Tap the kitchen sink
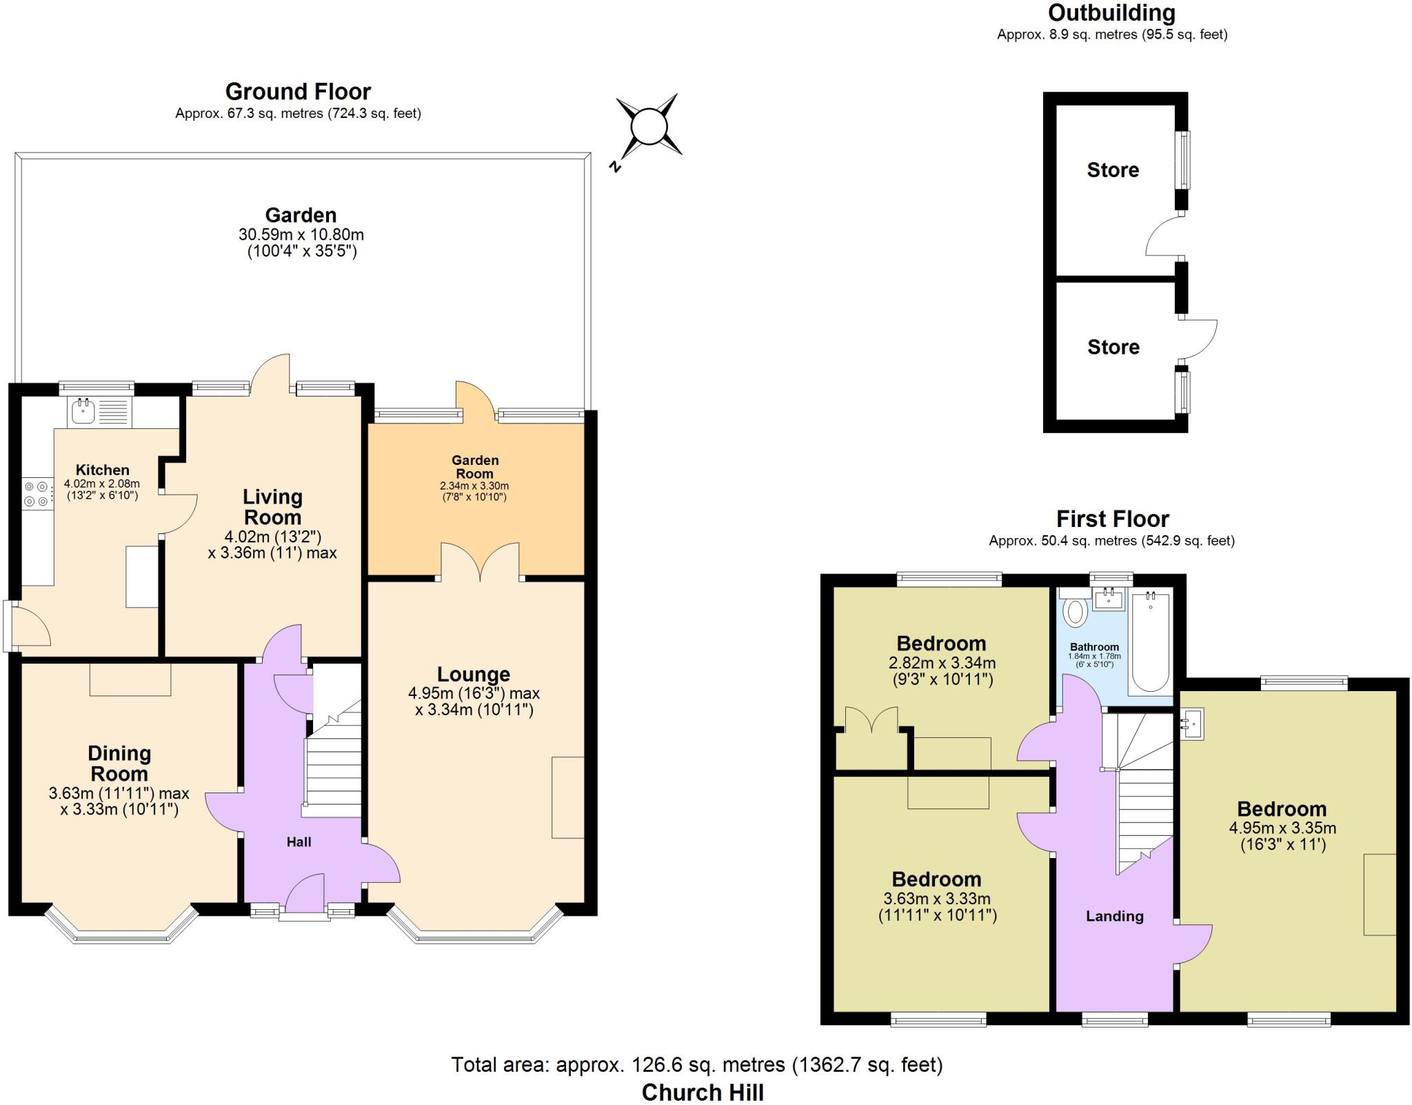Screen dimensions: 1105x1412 pos(83,411)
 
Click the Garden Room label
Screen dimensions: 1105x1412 pos(474,467)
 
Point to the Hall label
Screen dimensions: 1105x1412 pos(299,842)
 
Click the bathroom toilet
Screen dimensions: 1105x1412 pos(1076,610)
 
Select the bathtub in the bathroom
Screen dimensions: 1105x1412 pos(1149,641)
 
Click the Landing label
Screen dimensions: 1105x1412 pos(1114,916)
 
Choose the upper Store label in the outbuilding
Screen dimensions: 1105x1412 pos(1113,170)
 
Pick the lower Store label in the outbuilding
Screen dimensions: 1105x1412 pos(1113,347)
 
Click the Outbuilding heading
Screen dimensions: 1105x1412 pos(1111,13)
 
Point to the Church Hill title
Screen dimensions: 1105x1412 pos(702,1093)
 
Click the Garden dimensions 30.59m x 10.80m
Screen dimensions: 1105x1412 pos(301,235)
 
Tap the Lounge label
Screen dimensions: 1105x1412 pos(474,674)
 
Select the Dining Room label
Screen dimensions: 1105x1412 pos(119,764)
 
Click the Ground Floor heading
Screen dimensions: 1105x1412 pos(298,92)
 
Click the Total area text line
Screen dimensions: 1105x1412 pos(696,1065)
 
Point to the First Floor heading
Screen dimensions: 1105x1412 pos(1112,519)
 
